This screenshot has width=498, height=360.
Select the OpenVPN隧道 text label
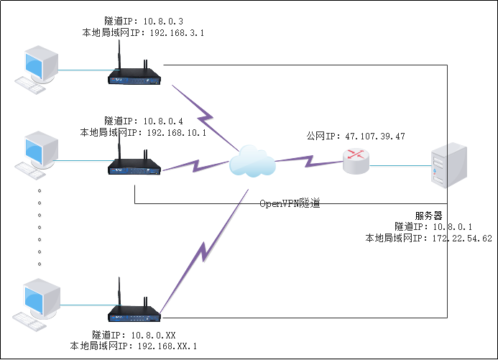click(290, 203)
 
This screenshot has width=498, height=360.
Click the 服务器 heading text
click(429, 216)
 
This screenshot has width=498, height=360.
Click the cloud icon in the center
click(253, 161)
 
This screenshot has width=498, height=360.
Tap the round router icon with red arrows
click(356, 161)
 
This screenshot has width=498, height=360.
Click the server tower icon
click(448, 166)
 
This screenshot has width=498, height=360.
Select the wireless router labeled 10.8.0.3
click(135, 74)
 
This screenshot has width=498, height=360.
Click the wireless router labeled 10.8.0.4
click(135, 167)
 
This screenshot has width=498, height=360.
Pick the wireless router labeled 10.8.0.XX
click(135, 311)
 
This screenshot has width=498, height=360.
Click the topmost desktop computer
click(40, 68)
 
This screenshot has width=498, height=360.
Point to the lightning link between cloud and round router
click(309, 159)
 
